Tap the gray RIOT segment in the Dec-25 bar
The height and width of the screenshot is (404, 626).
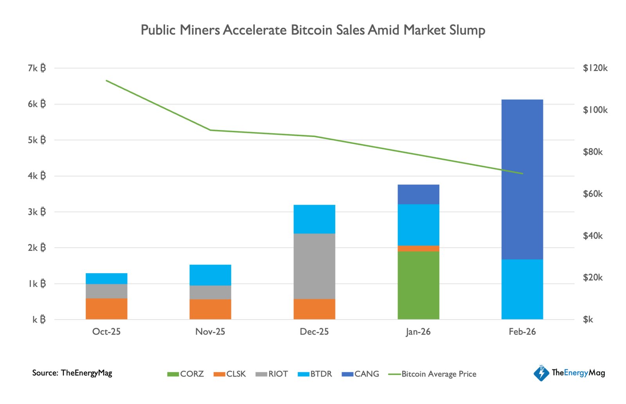coord(314,266)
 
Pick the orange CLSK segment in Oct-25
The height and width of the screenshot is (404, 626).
coord(106,309)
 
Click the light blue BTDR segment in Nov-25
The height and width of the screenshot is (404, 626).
coord(210,275)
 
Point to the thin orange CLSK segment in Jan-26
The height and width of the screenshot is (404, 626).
coord(418,249)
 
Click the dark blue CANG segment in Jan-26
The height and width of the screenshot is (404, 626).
coord(418,194)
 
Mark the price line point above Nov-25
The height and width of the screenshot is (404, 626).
coord(210,130)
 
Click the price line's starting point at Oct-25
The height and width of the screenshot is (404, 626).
coord(106,81)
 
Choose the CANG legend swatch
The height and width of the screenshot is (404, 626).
coord(347,374)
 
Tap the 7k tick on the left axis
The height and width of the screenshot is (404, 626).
coord(37,68)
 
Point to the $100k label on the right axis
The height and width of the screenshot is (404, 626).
coord(595,110)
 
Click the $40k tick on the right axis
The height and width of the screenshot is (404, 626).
coord(592,236)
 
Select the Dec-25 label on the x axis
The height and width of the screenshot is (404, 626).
coord(314,332)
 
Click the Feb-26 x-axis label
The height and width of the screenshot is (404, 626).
coord(522,332)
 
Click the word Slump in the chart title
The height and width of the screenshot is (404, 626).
coord(467,30)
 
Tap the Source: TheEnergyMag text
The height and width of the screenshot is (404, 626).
coord(72,373)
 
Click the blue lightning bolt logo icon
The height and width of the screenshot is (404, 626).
coord(541,373)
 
